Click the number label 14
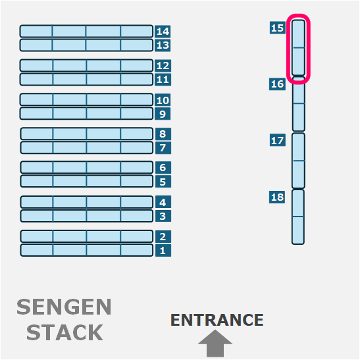point(163,31)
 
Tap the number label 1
point(163,250)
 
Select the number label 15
point(278,28)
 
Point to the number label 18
point(277,197)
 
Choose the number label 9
point(163,114)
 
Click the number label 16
point(277,84)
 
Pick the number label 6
point(163,167)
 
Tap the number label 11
point(163,80)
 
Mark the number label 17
point(278,140)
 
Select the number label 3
point(163,216)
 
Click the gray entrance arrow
point(215,344)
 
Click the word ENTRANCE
point(217,320)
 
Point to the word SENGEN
point(64,307)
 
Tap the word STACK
point(64,332)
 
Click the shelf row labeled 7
point(87,147)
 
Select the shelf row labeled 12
point(86,65)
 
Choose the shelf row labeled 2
point(87,236)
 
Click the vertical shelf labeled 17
point(298,161)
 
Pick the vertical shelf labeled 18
point(298,217)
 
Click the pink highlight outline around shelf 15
point(287,48)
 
